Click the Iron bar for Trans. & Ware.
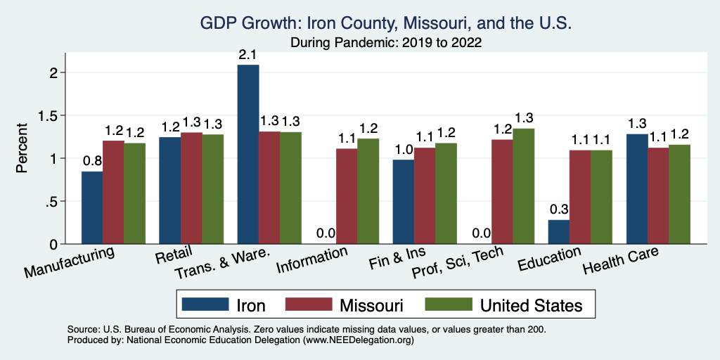click(x=248, y=155)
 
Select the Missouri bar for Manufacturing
click(x=114, y=193)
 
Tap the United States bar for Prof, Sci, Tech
click(x=523, y=186)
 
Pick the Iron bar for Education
click(x=559, y=232)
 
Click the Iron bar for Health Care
click(x=636, y=189)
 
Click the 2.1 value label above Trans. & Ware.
click(x=248, y=54)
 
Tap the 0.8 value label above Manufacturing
click(x=92, y=161)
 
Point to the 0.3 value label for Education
click(x=559, y=210)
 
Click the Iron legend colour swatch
click(x=206, y=304)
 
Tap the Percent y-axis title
click(x=22, y=149)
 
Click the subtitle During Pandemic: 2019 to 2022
click(x=386, y=42)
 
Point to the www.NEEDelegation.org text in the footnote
click(x=359, y=340)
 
